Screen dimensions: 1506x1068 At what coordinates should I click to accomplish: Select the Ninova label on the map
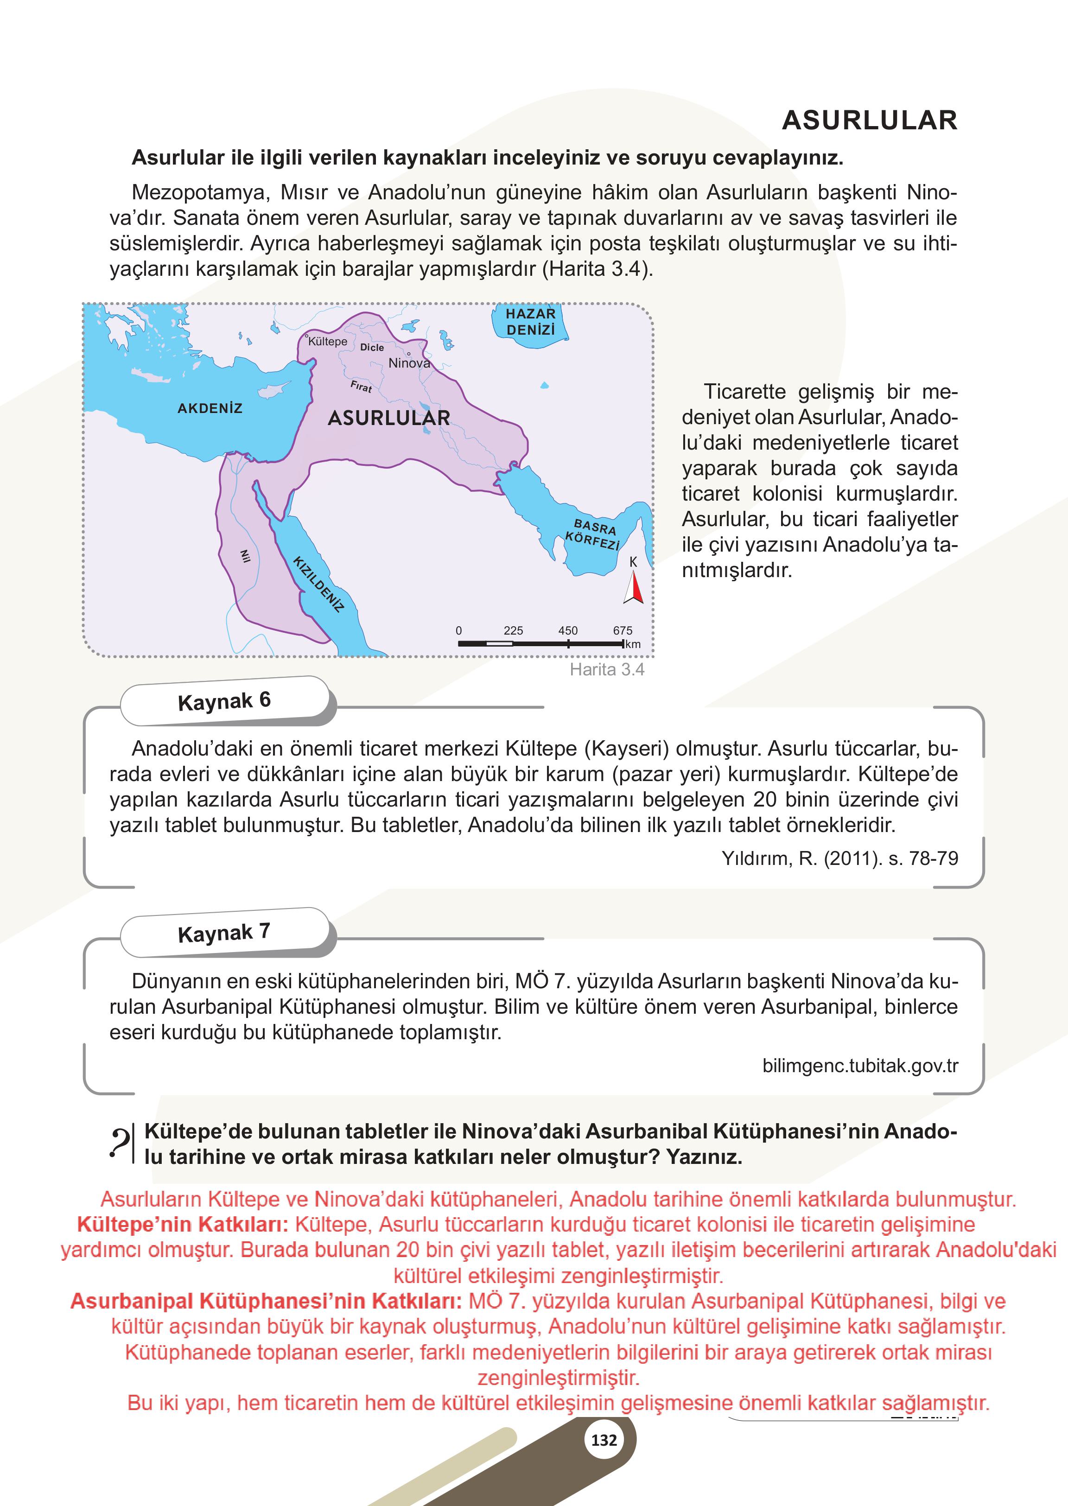pos(408,363)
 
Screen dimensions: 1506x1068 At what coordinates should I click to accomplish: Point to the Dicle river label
pos(372,347)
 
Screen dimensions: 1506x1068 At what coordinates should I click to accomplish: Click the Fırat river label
pos(361,387)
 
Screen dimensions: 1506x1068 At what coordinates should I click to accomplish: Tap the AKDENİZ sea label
pos(210,408)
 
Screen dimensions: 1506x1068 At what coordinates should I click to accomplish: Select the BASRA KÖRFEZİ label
pos(594,534)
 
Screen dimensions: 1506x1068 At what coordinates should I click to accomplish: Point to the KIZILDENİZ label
pos(318,584)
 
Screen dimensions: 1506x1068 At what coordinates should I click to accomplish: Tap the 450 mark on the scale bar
pos(567,631)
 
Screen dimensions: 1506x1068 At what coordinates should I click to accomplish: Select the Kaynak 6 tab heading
pos(224,701)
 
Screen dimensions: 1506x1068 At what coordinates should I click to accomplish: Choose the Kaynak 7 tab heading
pos(224,933)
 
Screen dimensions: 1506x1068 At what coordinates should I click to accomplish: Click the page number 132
pos(604,1440)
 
